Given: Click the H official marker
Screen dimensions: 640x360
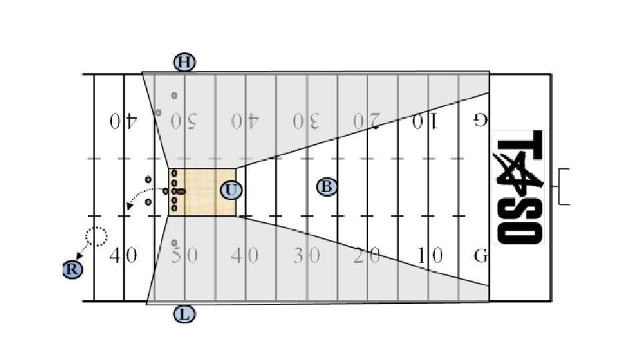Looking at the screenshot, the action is click(x=185, y=63).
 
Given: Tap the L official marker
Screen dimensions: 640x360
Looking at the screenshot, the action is click(x=185, y=313).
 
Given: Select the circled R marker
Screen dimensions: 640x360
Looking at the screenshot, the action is click(x=73, y=269).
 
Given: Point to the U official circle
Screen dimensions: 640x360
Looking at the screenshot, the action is click(x=231, y=190).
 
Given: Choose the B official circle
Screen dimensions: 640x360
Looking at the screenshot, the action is click(x=327, y=187).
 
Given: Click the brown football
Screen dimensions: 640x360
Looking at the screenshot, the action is click(x=181, y=191).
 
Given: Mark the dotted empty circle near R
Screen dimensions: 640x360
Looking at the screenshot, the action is click(x=97, y=237).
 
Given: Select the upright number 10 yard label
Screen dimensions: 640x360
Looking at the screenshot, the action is click(x=427, y=255).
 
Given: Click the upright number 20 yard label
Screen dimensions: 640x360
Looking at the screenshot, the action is click(x=366, y=255).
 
